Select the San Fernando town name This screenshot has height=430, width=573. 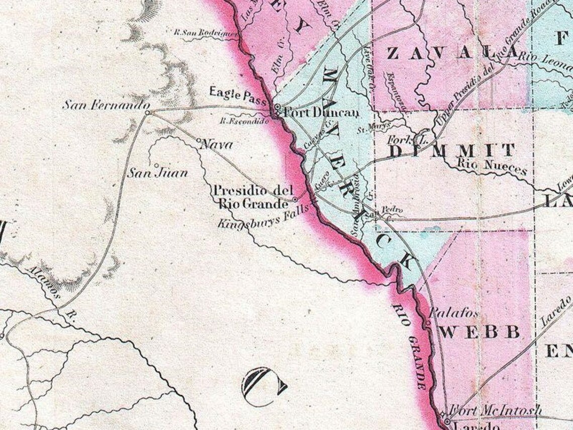(x=106, y=105)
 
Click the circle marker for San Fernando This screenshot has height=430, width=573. (x=147, y=113)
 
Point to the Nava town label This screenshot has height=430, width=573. (x=217, y=145)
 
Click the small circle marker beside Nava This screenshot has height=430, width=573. (x=199, y=140)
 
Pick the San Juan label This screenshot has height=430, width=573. (x=157, y=174)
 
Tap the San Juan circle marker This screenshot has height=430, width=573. (x=156, y=165)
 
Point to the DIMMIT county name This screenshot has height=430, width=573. (x=451, y=150)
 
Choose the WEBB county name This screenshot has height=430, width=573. (x=482, y=332)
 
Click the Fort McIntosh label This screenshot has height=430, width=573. (x=495, y=410)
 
